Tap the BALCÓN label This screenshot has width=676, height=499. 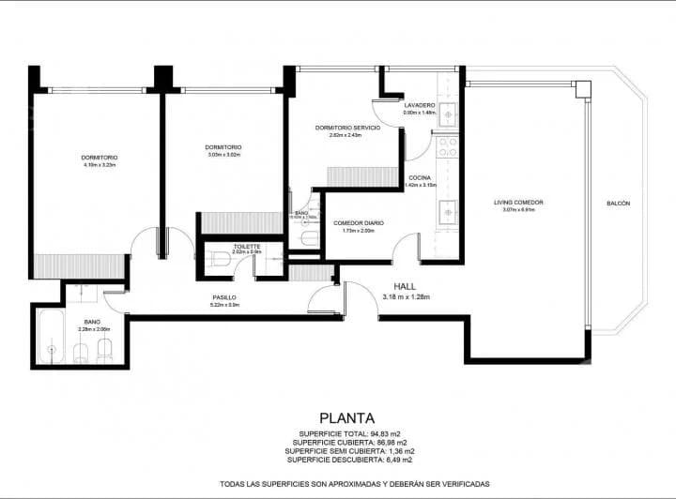tap(618, 204)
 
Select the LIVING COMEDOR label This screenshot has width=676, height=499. tap(518, 203)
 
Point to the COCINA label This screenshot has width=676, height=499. tap(420, 178)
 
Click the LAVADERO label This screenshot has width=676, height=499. tap(419, 105)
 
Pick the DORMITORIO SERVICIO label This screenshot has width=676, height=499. tap(347, 128)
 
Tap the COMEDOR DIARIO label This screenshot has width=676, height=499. tap(359, 223)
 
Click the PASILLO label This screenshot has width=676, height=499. tap(223, 297)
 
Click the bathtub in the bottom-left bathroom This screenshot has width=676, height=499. tap(48, 340)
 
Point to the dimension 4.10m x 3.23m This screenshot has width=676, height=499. tap(99, 165)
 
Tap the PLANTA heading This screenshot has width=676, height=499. tap(347, 418)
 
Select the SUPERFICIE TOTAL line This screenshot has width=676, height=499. tap(348, 434)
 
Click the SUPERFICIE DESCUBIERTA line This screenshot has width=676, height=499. tap(348, 460)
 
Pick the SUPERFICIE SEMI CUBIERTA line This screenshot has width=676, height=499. tap(348, 451)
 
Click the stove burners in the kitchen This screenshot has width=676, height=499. tap(448, 146)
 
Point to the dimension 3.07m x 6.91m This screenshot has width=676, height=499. tap(518, 210)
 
